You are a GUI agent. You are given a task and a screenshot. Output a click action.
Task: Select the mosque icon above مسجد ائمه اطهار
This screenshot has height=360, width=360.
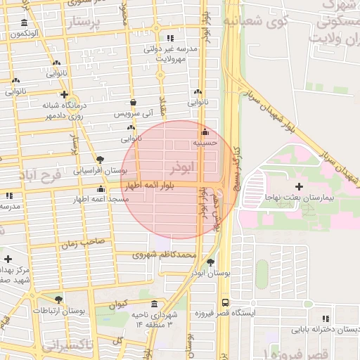101,189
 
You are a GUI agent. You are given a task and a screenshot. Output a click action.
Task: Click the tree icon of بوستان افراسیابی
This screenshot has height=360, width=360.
101,160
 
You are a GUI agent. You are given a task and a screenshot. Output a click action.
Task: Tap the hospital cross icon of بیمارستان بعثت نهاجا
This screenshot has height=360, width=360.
299,186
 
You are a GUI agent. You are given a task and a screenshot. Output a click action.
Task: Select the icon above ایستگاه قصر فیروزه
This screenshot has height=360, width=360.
307,304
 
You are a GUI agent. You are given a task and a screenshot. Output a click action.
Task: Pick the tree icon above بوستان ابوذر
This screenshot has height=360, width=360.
210,262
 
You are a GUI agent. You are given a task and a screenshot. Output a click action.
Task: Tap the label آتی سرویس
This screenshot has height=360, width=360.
132,112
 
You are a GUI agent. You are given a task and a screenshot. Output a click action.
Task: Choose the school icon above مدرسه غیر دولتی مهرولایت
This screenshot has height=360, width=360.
169,39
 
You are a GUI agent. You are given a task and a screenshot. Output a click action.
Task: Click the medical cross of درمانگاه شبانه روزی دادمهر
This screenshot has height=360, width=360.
64,94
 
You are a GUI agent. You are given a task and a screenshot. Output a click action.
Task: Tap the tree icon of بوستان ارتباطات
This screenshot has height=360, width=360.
58,300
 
